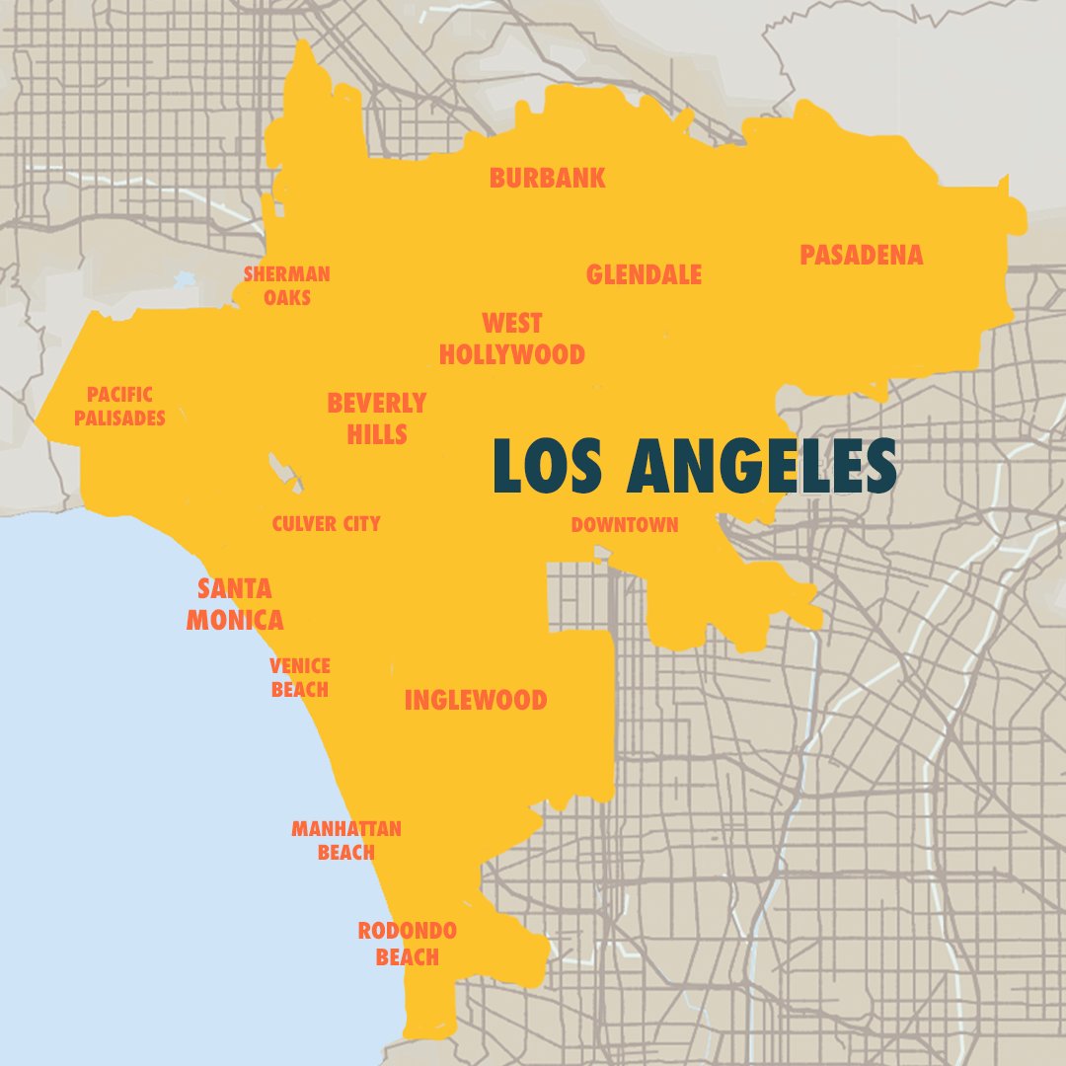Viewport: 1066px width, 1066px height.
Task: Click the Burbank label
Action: tap(547, 178)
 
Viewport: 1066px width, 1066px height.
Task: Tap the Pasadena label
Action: tap(861, 255)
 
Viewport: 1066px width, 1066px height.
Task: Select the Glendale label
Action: tap(644, 274)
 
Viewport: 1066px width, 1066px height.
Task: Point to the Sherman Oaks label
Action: tap(287, 284)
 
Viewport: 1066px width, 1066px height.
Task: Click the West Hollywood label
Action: tap(511, 339)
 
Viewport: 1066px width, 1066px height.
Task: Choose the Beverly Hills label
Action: tap(377, 418)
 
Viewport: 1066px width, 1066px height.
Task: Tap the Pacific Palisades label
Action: tap(119, 406)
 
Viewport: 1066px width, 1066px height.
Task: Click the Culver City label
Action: tap(326, 524)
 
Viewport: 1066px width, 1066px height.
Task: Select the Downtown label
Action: tap(625, 525)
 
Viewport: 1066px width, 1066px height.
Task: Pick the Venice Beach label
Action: tap(300, 677)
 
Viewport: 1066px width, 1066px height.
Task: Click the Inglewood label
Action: tap(475, 700)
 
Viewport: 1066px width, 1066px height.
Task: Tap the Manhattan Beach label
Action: tap(346, 839)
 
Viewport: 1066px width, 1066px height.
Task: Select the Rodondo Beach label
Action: tap(407, 943)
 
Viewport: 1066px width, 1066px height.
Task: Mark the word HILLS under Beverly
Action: tap(377, 433)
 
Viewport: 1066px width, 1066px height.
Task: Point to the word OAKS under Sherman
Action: tap(287, 296)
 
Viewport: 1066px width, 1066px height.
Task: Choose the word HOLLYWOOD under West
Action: tap(511, 354)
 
